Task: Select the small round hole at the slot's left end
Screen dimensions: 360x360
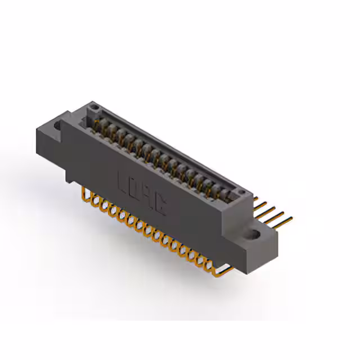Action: pyautogui.click(x=94, y=107)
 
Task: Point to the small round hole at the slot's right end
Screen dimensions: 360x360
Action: pyautogui.click(x=244, y=193)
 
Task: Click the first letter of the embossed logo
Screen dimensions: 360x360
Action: pyautogui.click(x=123, y=182)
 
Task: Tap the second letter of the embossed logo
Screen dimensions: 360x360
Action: pyautogui.click(x=134, y=190)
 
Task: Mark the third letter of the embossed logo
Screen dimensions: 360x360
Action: pyautogui.click(x=147, y=198)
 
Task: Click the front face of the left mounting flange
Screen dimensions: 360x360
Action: pyautogui.click(x=48, y=146)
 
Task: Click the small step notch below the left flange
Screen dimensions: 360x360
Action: pyautogui.click(x=69, y=177)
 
